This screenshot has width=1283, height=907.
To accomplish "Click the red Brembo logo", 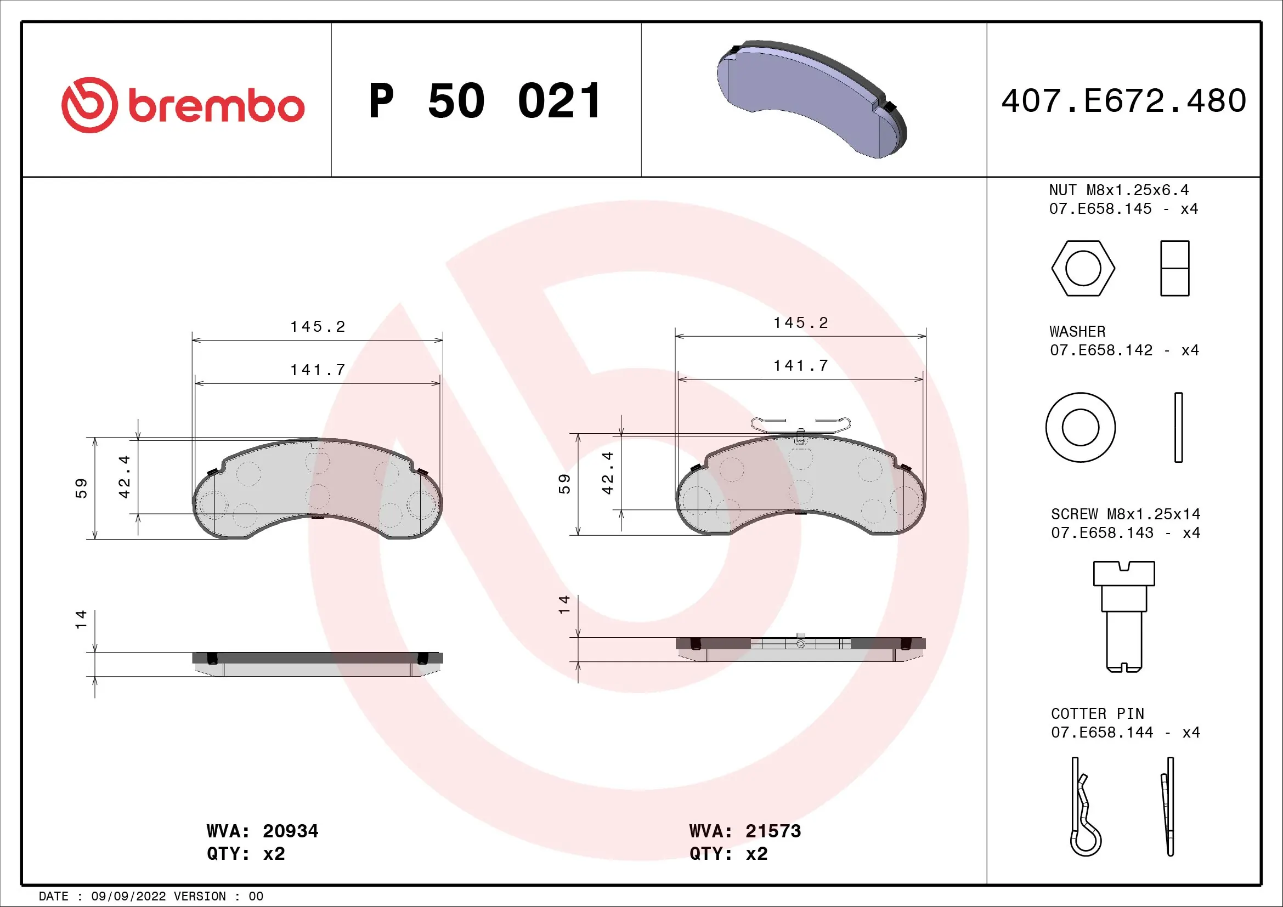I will tap(183, 105).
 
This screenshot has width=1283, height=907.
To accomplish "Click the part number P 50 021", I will tap(485, 101).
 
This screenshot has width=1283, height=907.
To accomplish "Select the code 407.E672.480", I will tap(1124, 101).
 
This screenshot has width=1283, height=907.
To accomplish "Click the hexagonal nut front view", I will tap(1083, 268).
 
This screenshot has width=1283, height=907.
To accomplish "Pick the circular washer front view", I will tap(1080, 427).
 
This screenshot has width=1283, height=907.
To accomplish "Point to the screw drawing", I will tap(1124, 616).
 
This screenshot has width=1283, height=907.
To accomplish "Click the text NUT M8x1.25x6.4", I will tap(1118, 190).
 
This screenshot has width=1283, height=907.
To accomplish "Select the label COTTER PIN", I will tap(1097, 714).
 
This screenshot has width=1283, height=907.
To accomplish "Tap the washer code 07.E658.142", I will tap(1101, 350).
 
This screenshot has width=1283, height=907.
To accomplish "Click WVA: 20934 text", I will tap(262, 831).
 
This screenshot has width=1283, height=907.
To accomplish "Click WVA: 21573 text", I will tap(745, 831).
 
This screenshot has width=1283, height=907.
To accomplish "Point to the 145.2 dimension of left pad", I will tap(318, 327).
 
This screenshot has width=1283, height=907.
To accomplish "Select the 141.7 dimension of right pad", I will tap(800, 366).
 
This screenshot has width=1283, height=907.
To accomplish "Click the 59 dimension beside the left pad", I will tap(82, 488).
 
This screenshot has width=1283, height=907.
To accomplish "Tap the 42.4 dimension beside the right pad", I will tap(608, 473).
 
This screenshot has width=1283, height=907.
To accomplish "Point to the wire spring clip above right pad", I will tap(800, 424).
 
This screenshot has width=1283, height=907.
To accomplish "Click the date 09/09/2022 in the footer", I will tap(128, 897).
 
